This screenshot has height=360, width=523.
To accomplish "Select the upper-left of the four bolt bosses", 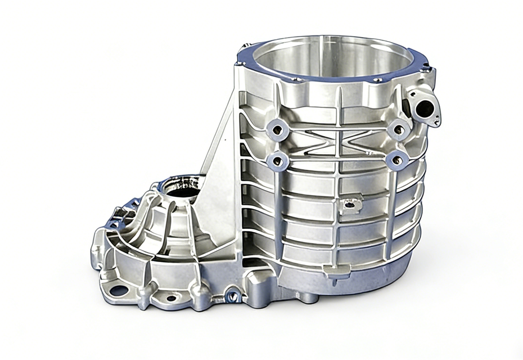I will (278, 130).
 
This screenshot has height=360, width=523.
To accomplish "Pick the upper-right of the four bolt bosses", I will (398, 129).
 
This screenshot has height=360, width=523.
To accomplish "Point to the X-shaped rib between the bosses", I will (337, 141).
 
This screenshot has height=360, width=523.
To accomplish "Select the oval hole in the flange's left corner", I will (119, 290).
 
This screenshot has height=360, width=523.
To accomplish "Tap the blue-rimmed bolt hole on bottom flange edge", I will (231, 294).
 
